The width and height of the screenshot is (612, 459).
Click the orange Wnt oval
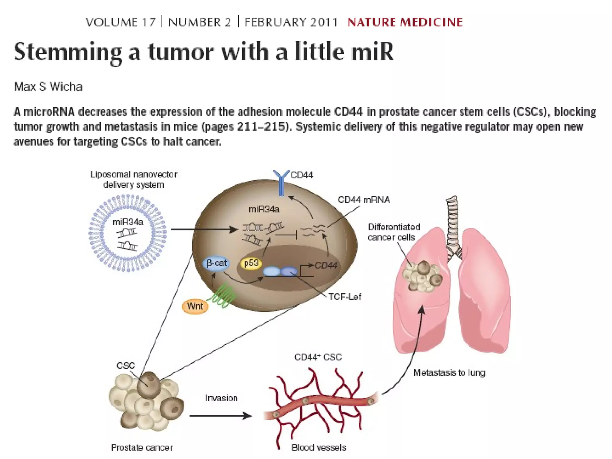(x=195, y=306)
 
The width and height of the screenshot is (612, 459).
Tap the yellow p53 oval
(x=251, y=263)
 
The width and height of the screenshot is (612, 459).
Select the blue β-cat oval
(x=217, y=263)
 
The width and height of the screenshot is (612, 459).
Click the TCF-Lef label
(x=345, y=297)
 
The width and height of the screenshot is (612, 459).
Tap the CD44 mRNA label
(x=364, y=200)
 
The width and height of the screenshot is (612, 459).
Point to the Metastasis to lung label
(x=449, y=373)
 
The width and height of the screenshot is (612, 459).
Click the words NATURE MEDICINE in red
(x=405, y=22)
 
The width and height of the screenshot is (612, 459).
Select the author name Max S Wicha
(x=48, y=87)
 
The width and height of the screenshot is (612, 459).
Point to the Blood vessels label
(x=319, y=447)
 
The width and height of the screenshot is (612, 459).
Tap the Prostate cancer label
(x=142, y=447)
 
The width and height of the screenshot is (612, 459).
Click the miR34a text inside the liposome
(x=128, y=222)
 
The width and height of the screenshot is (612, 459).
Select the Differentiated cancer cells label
(x=394, y=232)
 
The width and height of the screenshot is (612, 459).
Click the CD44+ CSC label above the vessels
(x=318, y=357)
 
